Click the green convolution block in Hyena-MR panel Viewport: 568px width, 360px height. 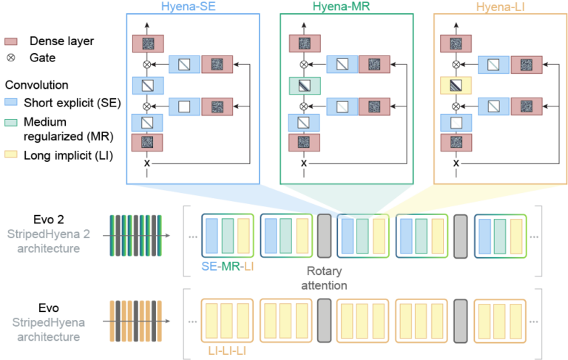304,87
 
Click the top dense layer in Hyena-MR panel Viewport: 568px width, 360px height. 304,44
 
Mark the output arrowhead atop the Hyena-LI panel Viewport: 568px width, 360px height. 456,27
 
